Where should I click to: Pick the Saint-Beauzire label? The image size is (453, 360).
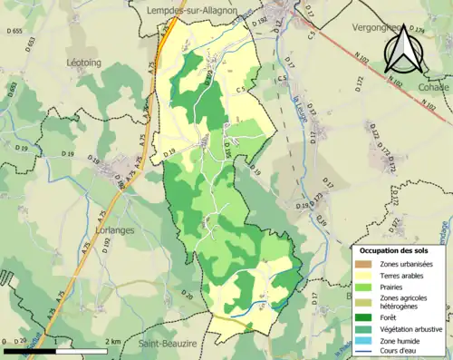click(x=170, y=345)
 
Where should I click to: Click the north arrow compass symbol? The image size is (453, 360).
click(x=404, y=47)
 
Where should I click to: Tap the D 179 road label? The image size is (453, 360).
click(x=439, y=32)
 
